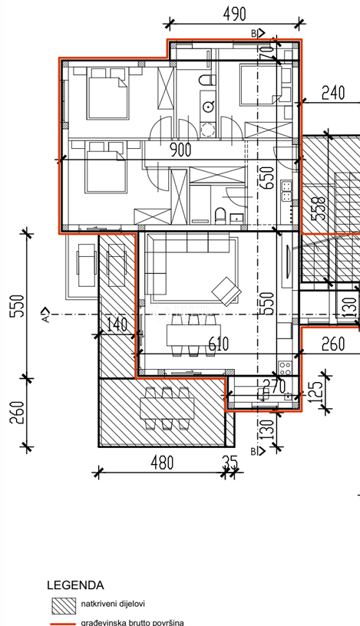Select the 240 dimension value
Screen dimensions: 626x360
(333, 93)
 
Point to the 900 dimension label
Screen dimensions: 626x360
(180, 150)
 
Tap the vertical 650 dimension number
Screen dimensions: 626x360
(266, 179)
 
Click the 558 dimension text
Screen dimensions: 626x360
(319, 209)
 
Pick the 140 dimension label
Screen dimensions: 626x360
(118, 325)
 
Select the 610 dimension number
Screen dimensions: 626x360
(217, 344)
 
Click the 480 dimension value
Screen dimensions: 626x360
(162, 463)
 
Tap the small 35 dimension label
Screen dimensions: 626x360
(229, 463)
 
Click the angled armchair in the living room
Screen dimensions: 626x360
(226, 290)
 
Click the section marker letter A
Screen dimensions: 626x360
(46, 315)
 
